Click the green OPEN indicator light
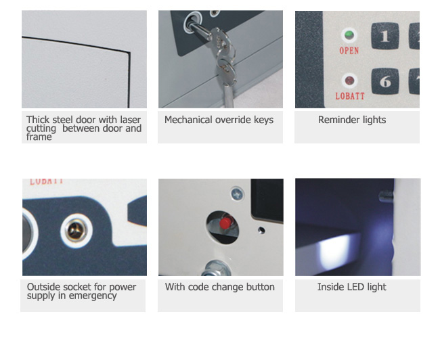click(349, 35)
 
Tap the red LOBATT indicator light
click(349, 81)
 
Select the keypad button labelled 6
click(385, 81)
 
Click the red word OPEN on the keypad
click(349, 51)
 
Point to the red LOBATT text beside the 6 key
click(350, 96)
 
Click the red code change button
click(225, 223)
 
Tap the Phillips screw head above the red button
click(238, 194)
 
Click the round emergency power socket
click(76, 231)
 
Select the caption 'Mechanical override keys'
click(219, 120)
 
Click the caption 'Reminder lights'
click(352, 120)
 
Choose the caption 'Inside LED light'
click(351, 287)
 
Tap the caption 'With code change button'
click(220, 287)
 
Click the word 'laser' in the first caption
click(131, 120)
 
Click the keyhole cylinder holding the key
click(190, 22)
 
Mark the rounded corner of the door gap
click(129, 53)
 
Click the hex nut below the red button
click(217, 268)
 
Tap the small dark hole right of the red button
click(261, 230)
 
